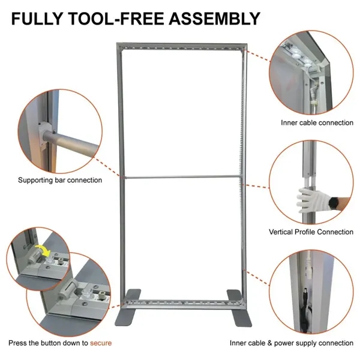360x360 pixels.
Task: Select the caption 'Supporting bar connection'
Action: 60,180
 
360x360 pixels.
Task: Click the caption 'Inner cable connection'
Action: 317,122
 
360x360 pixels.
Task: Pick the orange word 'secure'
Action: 101,343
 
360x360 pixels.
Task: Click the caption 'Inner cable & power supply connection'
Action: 292,343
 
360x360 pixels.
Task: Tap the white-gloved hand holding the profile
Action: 307,199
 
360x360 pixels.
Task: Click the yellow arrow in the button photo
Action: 41,253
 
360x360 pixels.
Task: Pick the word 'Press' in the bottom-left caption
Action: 18,343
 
